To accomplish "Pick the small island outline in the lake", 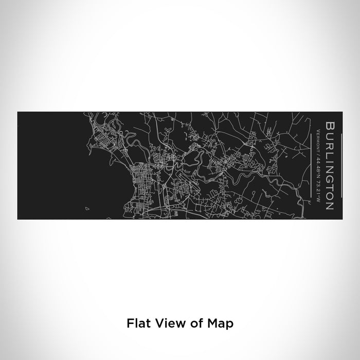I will pos(87,209).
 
